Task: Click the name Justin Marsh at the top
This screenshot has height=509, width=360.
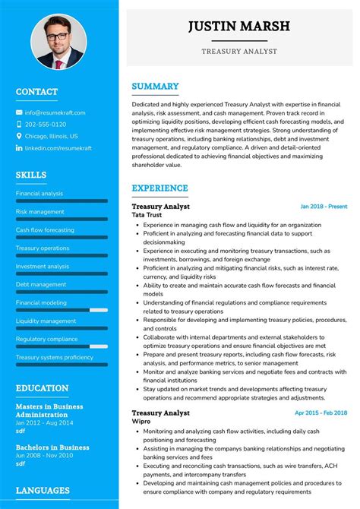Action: click(238, 27)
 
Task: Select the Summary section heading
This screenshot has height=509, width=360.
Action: click(155, 87)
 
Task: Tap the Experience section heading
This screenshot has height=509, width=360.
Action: click(159, 188)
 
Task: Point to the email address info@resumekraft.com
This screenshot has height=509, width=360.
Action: click(55, 112)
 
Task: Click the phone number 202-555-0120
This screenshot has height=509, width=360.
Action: click(45, 125)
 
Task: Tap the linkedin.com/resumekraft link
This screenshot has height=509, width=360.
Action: click(58, 148)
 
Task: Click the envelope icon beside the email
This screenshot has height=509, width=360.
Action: click(19, 112)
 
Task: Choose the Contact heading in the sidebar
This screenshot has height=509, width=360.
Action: click(36, 92)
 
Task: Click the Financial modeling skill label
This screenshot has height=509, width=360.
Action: click(41, 302)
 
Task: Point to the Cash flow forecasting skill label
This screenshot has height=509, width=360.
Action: click(45, 230)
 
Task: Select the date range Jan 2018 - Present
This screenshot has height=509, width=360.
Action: click(324, 207)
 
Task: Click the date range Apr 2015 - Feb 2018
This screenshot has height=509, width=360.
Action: click(321, 413)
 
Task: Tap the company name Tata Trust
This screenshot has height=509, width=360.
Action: click(147, 216)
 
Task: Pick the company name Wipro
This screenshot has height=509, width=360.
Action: click(141, 422)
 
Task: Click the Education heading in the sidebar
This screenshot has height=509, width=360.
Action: click(42, 388)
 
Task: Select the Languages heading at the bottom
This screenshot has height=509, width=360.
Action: click(43, 491)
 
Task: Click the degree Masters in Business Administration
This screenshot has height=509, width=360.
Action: click(50, 411)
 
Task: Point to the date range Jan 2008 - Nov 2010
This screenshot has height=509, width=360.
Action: click(45, 456)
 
